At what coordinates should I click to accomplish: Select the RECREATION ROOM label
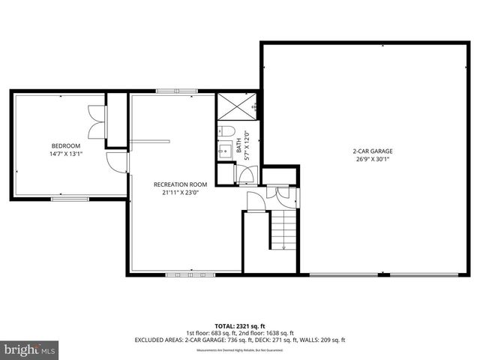pos(180,184)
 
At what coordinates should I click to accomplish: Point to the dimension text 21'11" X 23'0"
pos(180,193)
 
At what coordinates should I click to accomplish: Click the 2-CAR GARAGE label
pos(373,151)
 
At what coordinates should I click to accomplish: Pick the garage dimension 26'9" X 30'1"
pos(373,159)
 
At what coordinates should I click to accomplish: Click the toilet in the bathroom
pos(226,131)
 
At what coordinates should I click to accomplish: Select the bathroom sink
pos(223,151)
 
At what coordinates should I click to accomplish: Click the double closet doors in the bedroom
pos(96,122)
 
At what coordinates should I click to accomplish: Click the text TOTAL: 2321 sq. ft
pos(239,325)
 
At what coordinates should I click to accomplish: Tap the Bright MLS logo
pos(30,349)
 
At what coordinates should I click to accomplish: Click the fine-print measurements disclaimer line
pos(239,350)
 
